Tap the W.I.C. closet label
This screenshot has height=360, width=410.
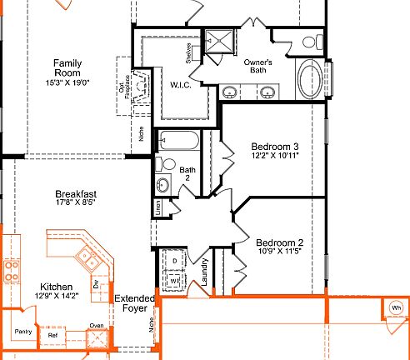(x=182, y=84)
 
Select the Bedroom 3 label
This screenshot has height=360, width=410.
(x=274, y=146)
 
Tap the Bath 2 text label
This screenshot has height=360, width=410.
(x=187, y=173)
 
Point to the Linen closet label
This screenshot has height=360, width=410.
(x=157, y=208)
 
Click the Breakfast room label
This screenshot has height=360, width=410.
(x=76, y=194)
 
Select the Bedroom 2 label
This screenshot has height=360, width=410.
(x=279, y=242)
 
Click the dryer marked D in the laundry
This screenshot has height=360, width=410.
(x=174, y=261)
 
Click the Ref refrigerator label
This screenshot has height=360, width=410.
(x=52, y=336)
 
